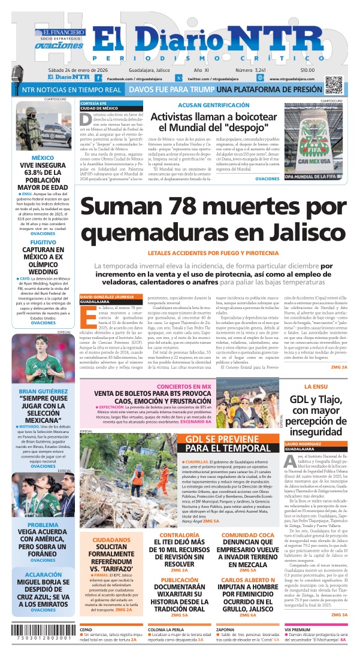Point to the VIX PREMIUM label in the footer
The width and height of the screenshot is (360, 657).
tap(298, 630)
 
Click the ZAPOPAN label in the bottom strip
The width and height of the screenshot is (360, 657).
tap(225, 630)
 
